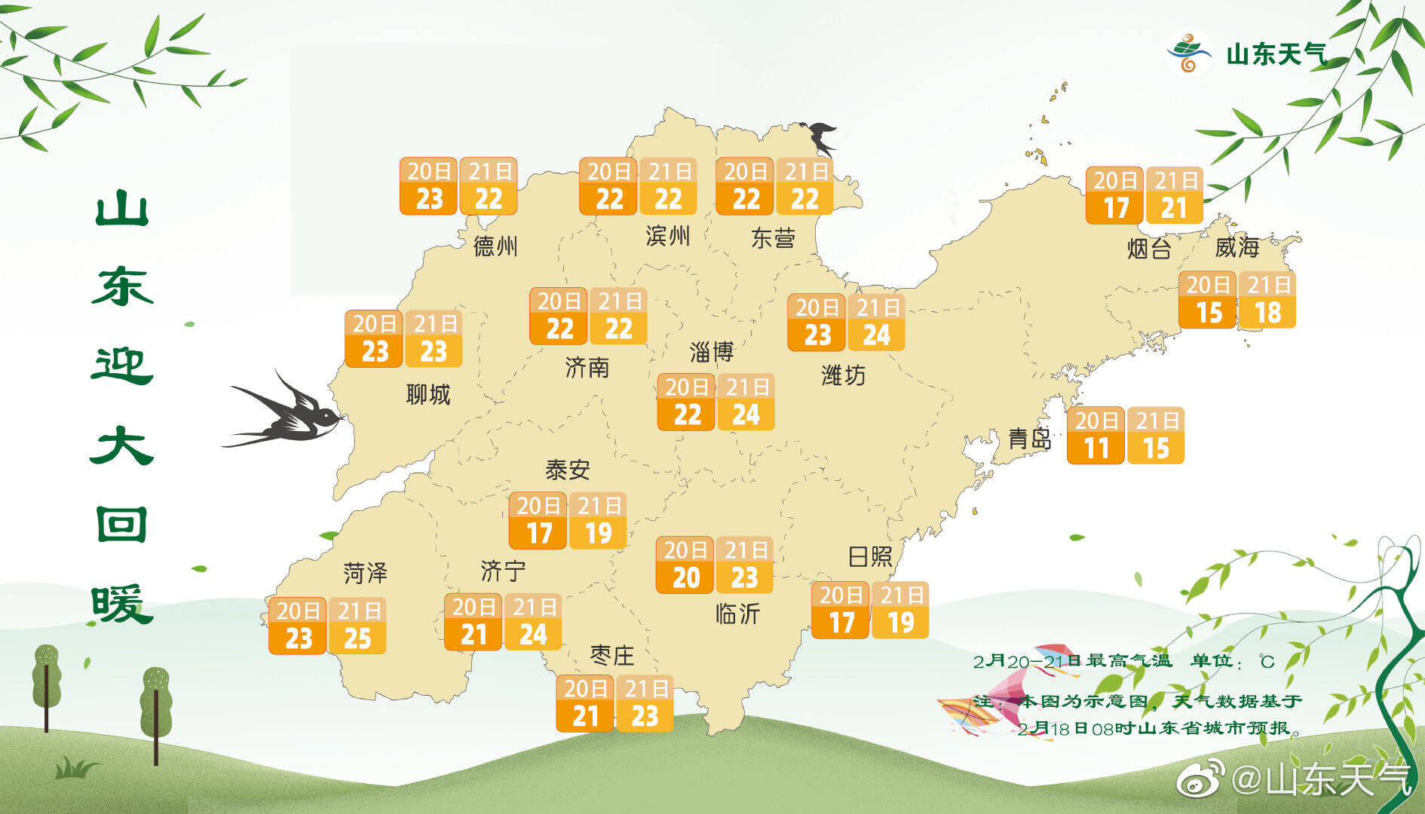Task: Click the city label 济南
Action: pos(587,368)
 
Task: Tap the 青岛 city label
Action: pos(1029,439)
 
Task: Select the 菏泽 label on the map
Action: pos(365,573)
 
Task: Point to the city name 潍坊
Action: pos(843,375)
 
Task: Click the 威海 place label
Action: pos(1237,247)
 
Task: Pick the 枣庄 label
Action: pos(611,655)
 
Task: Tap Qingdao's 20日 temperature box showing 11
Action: pos(1096,435)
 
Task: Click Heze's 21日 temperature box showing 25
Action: pos(358,626)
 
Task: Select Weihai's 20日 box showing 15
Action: pos(1208,299)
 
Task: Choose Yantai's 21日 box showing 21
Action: pos(1174,195)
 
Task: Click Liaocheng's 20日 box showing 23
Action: pos(374,338)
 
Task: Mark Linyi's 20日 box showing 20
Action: pos(685,565)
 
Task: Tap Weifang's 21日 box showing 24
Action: pos(876,322)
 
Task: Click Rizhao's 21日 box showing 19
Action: pos(900,610)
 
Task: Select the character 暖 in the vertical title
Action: pos(122,604)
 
